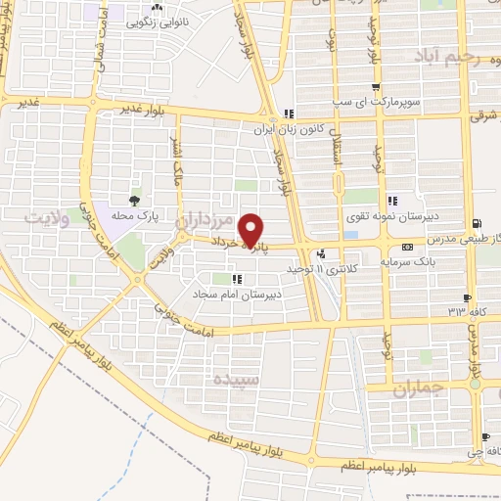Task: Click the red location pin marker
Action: click(251, 229)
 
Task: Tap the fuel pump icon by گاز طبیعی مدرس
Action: click(476, 224)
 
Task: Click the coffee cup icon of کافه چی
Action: click(483, 437)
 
